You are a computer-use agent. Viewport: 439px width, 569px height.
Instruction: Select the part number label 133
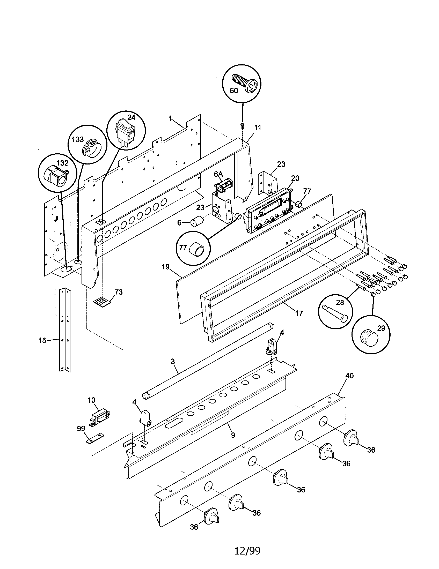78,139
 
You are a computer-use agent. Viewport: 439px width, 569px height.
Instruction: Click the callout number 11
258,128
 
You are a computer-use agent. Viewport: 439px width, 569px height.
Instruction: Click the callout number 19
165,267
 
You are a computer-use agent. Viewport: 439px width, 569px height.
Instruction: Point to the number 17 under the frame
299,313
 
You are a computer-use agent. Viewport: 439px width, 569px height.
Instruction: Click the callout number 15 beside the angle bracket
42,340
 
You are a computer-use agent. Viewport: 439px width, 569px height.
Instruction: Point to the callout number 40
350,376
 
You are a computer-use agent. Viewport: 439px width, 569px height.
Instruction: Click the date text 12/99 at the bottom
247,550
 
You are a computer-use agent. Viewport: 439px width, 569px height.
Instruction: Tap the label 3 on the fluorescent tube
173,361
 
